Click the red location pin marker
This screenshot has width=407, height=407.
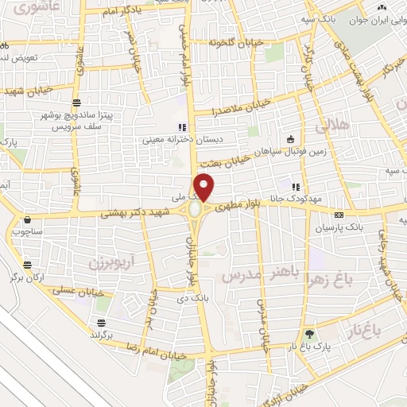[x=205, y=188]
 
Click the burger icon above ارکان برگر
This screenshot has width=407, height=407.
[x=29, y=265]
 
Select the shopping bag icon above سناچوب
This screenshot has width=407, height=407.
[x=28, y=219]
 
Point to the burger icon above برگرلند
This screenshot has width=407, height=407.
[x=101, y=323]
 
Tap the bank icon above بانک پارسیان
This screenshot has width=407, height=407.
[x=339, y=215]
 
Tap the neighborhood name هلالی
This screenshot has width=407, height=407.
[x=331, y=126]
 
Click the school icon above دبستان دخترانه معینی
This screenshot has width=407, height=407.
[x=182, y=126]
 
